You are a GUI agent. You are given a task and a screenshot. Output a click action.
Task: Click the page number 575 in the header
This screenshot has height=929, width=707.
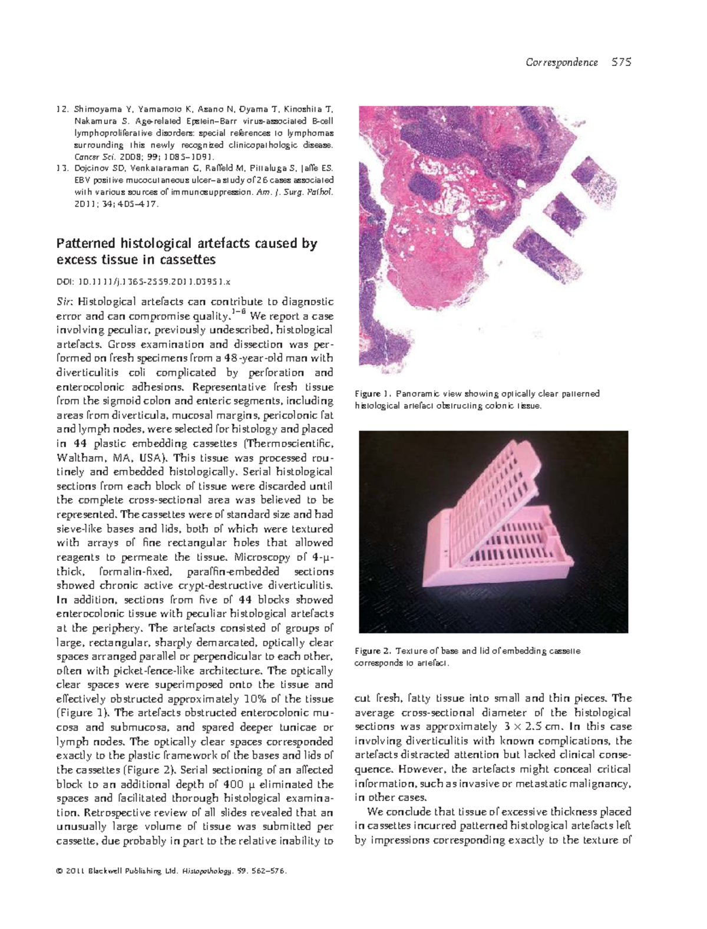tap(622, 62)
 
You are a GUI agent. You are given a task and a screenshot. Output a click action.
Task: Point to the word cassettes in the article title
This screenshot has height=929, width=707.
tap(188, 260)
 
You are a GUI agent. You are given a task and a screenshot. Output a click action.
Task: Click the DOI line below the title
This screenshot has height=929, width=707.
tap(144, 282)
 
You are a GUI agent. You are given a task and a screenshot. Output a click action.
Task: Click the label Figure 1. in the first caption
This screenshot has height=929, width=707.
tap(372, 394)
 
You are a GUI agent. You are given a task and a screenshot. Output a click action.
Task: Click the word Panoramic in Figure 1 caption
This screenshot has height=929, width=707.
tap(415, 394)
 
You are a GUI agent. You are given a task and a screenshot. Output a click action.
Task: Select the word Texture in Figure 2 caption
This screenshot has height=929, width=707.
tap(411, 651)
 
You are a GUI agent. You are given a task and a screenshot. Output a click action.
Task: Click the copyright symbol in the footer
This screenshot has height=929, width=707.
tap(60, 870)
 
